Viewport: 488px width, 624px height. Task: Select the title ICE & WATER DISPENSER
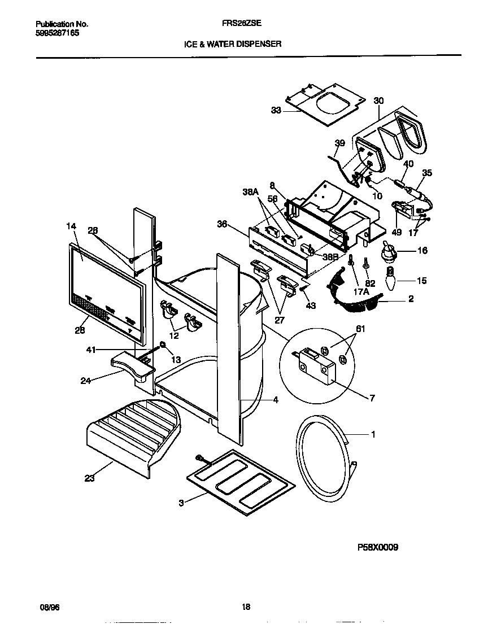[233, 43]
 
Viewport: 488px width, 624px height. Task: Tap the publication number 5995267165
[57, 33]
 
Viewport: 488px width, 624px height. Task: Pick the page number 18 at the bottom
[246, 607]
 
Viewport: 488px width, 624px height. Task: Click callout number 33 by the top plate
[276, 111]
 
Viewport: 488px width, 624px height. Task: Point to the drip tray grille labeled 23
[133, 432]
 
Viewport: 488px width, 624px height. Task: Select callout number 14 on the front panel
[71, 226]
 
